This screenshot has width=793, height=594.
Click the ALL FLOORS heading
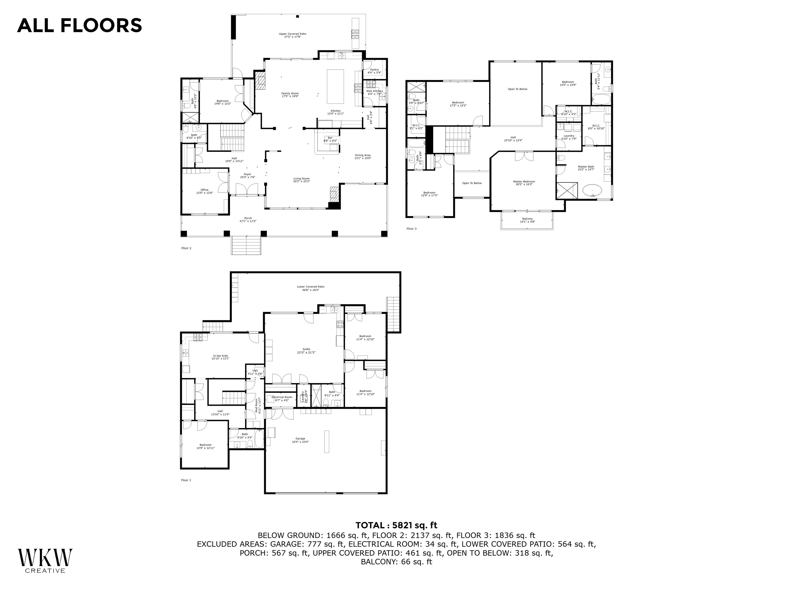coord(80,26)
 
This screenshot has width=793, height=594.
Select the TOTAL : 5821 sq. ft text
coord(396,525)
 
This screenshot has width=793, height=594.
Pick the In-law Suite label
coord(220,357)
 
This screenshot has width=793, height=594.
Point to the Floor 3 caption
coord(411,229)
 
